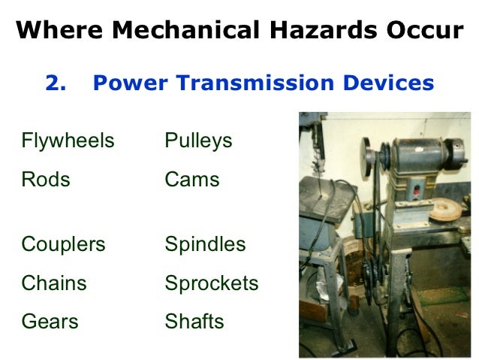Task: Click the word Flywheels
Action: (x=68, y=141)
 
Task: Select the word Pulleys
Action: (x=198, y=141)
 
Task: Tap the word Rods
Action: (x=46, y=180)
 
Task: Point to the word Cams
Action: (x=192, y=180)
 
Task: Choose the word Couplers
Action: (x=64, y=244)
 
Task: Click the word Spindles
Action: (x=205, y=244)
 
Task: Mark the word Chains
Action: (x=54, y=283)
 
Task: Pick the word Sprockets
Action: (x=212, y=283)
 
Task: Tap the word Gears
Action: (x=50, y=322)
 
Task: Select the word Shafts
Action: (x=194, y=322)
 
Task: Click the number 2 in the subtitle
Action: (x=53, y=83)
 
